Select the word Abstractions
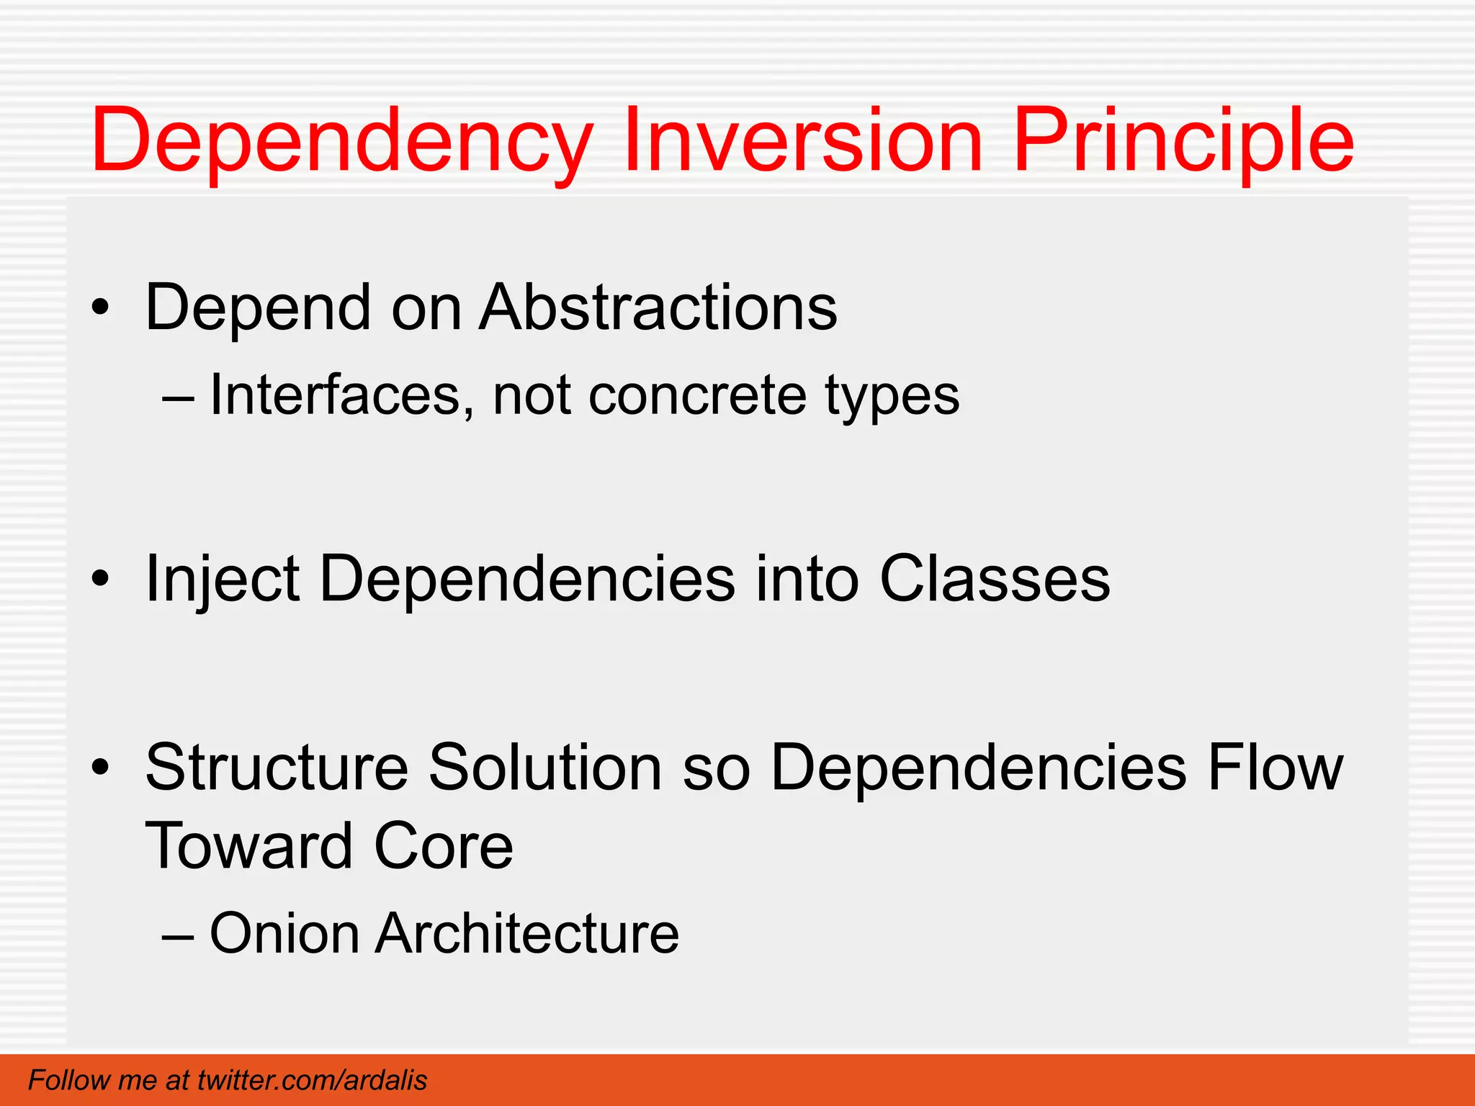pos(658,307)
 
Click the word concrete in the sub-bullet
pos(697,395)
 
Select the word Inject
pos(222,580)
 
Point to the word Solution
pos(545,768)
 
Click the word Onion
pos(284,933)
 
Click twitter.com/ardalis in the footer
pos(312,1080)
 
